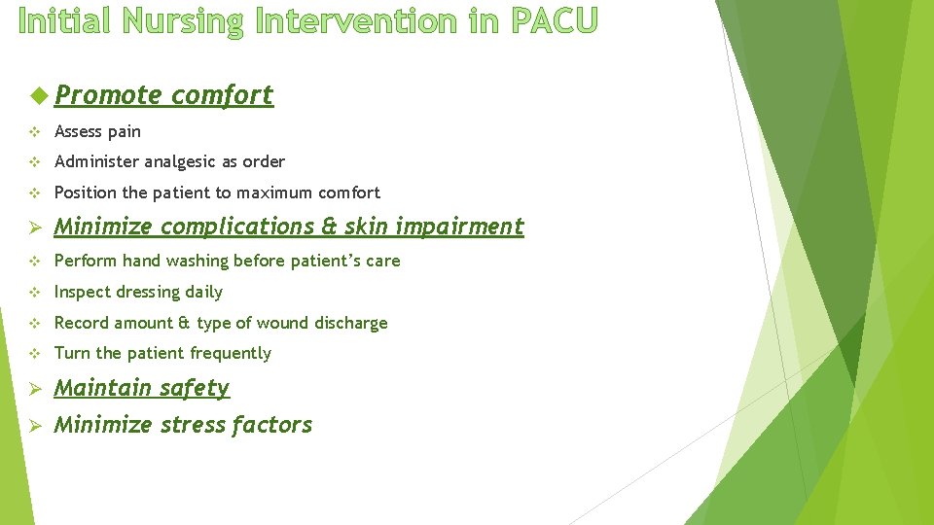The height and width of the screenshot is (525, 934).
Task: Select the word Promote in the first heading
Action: click(107, 95)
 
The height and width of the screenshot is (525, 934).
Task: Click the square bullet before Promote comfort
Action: click(38, 95)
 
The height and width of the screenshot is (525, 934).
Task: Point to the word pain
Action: click(125, 131)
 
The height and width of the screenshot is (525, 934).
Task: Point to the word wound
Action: click(279, 323)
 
